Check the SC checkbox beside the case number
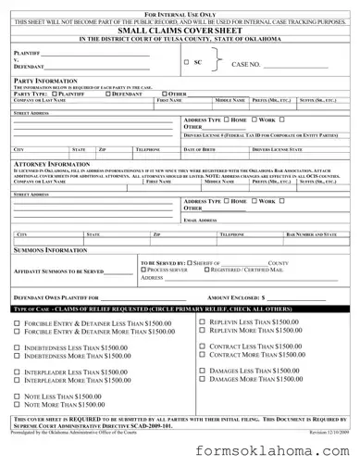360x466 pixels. pos(185,62)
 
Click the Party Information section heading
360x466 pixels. pos(44,81)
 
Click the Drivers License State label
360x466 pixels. pos(274,148)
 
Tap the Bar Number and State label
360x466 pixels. pos(317,235)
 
